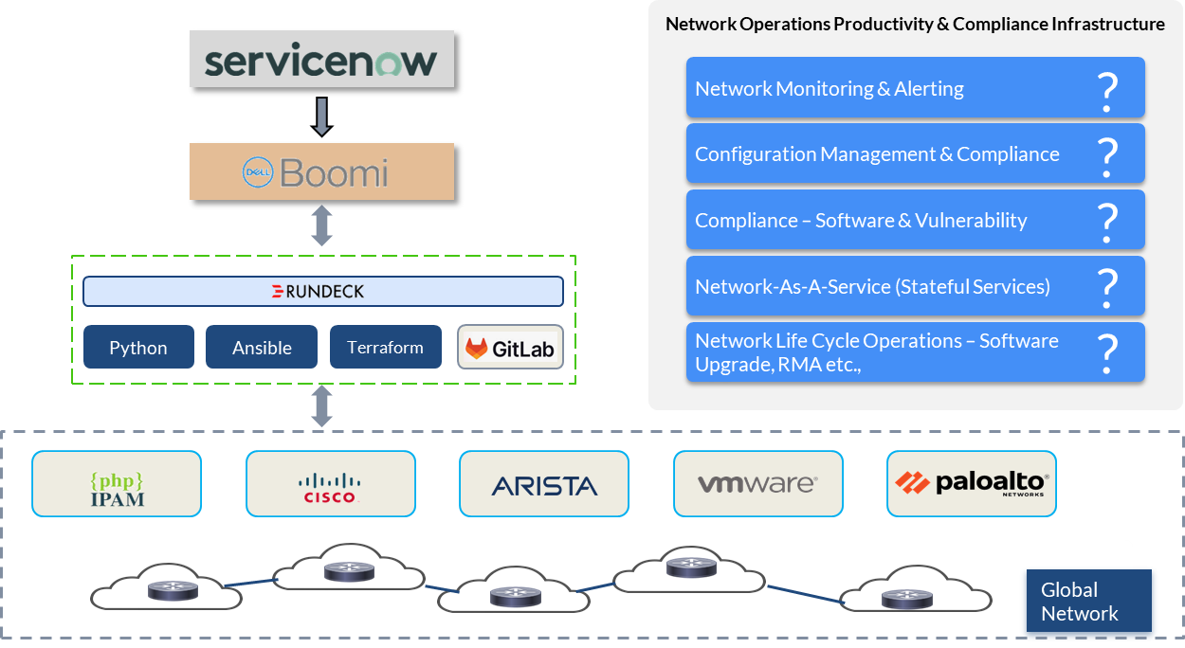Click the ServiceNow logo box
tap(321, 59)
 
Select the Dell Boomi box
tap(321, 171)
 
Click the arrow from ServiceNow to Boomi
tap(321, 117)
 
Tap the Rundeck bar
tap(323, 291)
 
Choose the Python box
tap(138, 347)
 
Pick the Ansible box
tap(262, 347)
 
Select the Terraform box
tap(386, 347)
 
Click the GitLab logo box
tap(511, 347)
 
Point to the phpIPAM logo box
tap(117, 483)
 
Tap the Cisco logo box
tap(331, 483)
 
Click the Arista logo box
tap(544, 483)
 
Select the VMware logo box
tap(758, 483)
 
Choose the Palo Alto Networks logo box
tap(972, 483)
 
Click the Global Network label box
tap(1089, 601)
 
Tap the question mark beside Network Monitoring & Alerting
tap(1107, 93)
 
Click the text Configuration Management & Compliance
tap(877, 154)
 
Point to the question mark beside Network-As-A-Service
tap(1107, 289)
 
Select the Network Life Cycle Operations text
tap(877, 352)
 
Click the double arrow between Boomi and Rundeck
tap(321, 225)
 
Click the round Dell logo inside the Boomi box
tap(258, 172)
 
